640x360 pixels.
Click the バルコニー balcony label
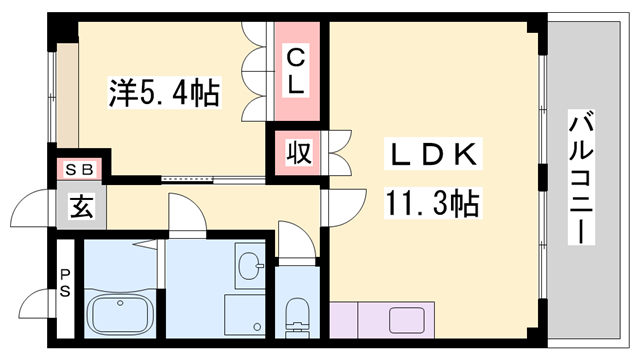pyautogui.click(x=581, y=180)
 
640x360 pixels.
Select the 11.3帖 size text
pyautogui.click(x=432, y=205)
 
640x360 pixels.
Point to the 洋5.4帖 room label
pyautogui.click(x=164, y=93)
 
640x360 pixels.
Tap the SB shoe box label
pyautogui.click(x=79, y=169)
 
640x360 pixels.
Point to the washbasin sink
pyautogui.click(x=249, y=267)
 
